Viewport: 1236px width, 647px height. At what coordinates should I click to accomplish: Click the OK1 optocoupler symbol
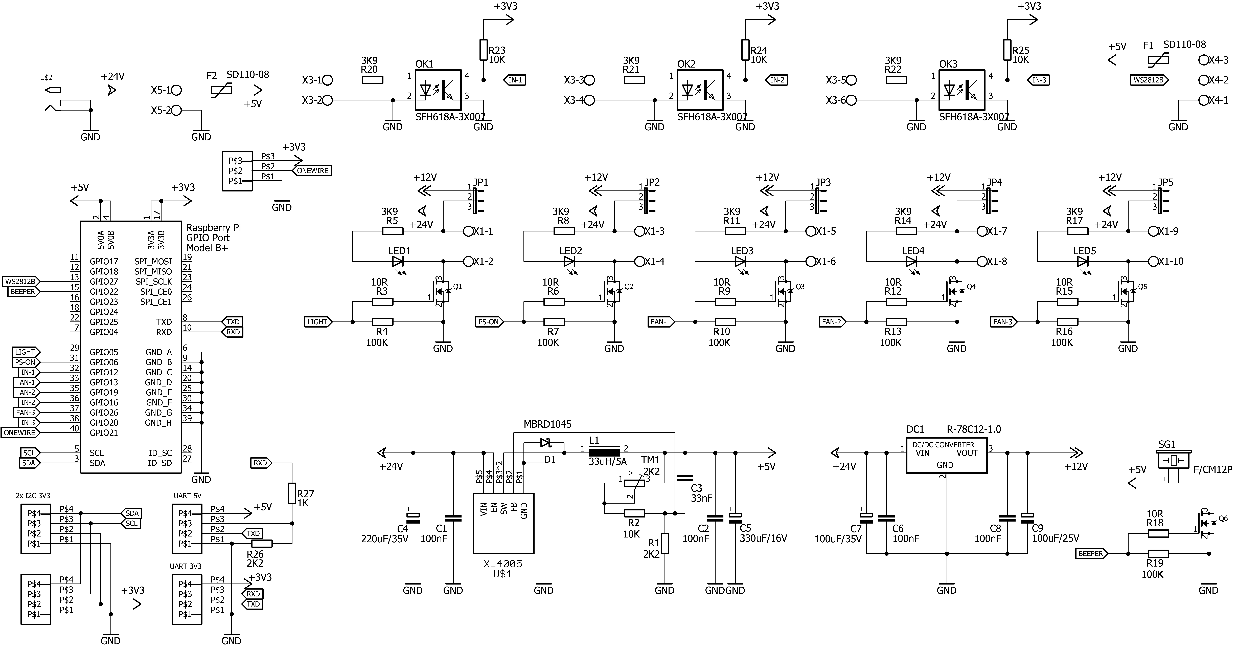click(438, 90)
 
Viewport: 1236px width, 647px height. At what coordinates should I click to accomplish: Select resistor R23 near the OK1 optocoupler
click(483, 50)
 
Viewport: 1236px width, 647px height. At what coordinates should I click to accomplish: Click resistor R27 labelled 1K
click(292, 493)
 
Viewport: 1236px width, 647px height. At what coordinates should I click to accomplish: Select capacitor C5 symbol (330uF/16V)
click(735, 518)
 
